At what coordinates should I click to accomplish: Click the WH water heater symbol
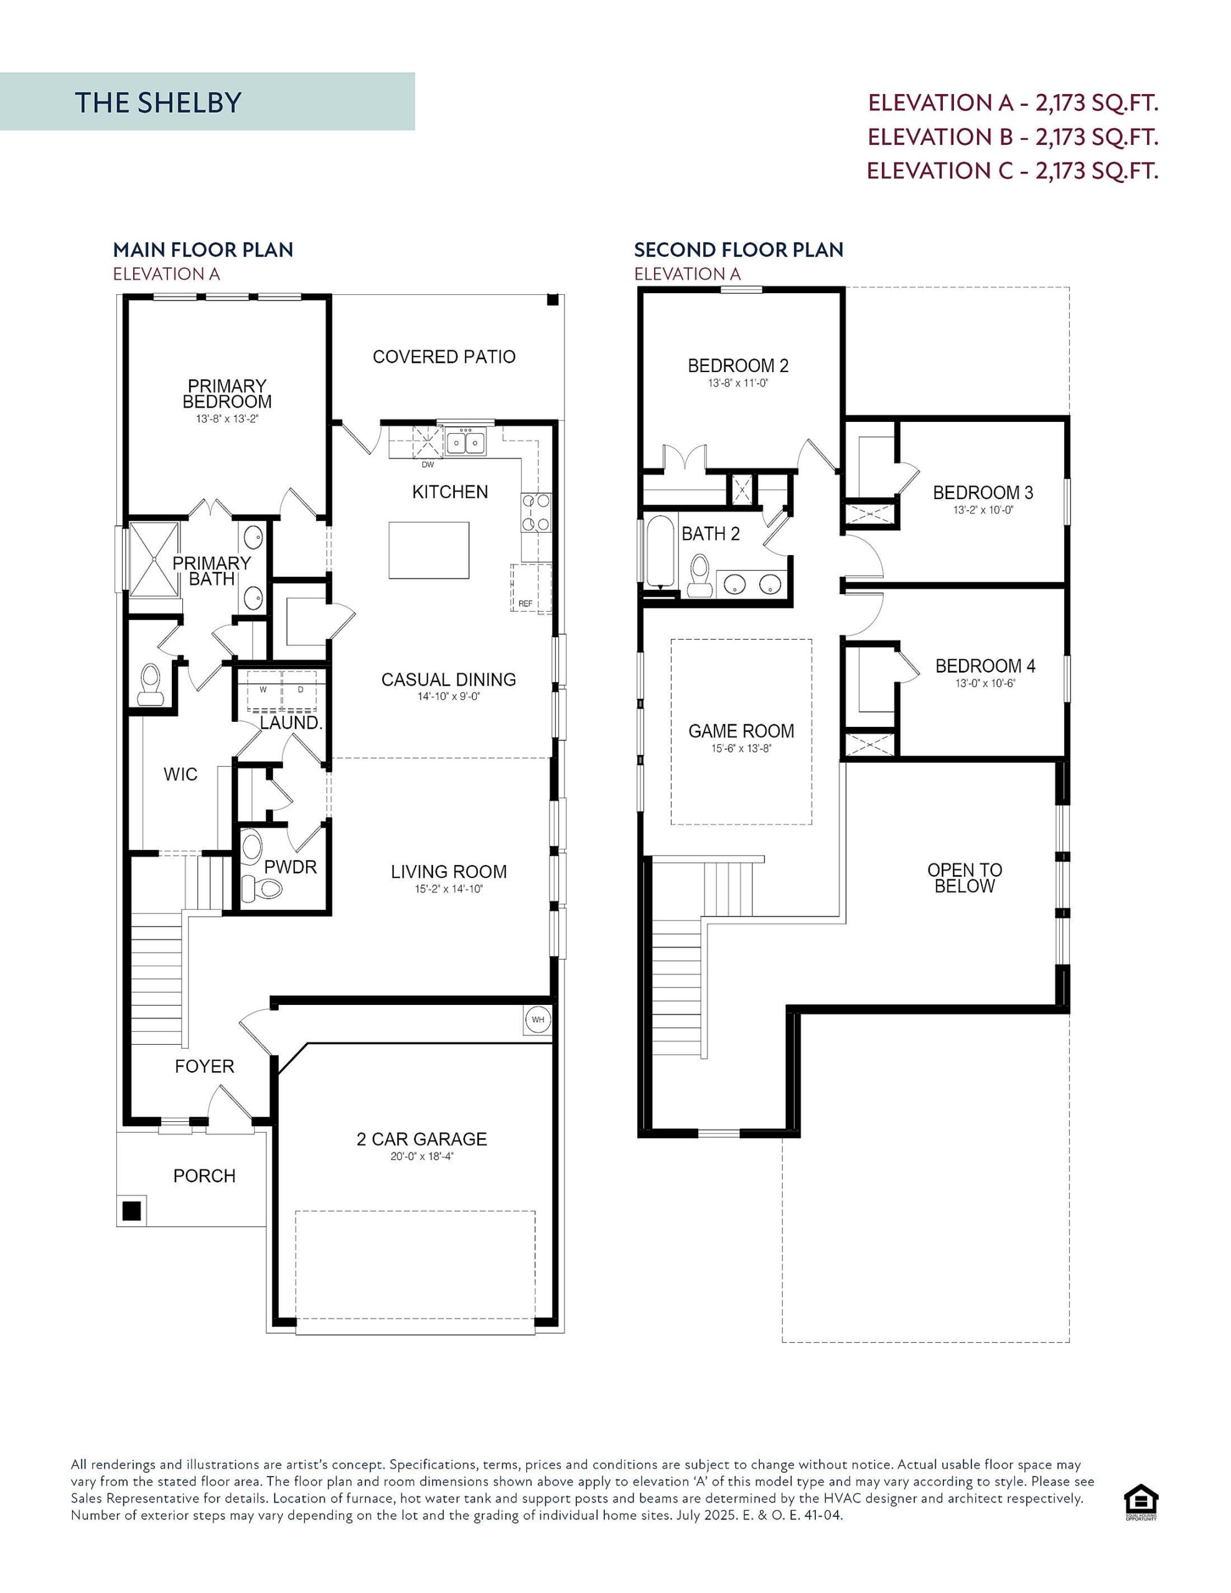pyautogui.click(x=537, y=1019)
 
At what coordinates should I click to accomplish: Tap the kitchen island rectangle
pyautogui.click(x=428, y=549)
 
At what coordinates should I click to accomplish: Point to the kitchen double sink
pyautogui.click(x=466, y=441)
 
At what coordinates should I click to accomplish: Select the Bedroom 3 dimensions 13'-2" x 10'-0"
pyautogui.click(x=983, y=510)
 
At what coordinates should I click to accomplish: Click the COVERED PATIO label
pyautogui.click(x=444, y=357)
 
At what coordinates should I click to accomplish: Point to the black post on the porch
pyautogui.click(x=131, y=1211)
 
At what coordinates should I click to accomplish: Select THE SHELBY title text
pyautogui.click(x=157, y=102)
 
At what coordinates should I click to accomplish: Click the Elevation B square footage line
pyautogui.click(x=1013, y=136)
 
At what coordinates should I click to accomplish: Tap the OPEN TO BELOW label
pyautogui.click(x=964, y=877)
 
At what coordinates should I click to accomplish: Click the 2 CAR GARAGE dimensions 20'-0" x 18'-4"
pyautogui.click(x=422, y=1156)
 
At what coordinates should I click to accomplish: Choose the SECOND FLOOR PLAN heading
pyautogui.click(x=739, y=250)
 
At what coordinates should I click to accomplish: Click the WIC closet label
pyautogui.click(x=180, y=774)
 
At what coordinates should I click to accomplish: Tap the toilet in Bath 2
pyautogui.click(x=700, y=576)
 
